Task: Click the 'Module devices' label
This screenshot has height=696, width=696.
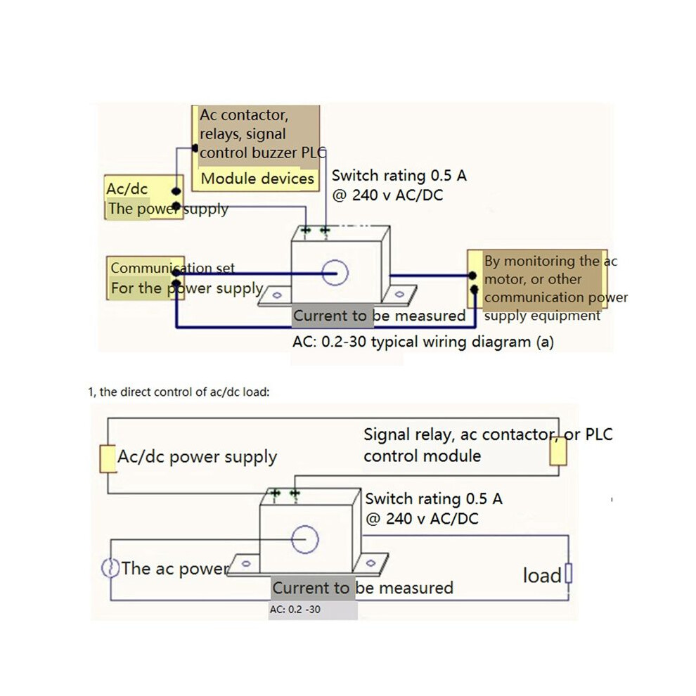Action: (257, 179)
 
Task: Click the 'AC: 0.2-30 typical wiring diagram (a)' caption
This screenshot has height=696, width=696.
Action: (423, 342)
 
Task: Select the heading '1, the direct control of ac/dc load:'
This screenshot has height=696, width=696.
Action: (179, 392)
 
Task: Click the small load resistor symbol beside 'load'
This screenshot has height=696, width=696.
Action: (568, 573)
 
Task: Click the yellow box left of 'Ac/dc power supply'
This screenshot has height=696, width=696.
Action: (108, 458)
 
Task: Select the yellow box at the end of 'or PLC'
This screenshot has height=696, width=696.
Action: (558, 451)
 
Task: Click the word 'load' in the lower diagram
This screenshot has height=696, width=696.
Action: (543, 575)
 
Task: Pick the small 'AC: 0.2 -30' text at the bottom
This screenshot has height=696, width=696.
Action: (295, 610)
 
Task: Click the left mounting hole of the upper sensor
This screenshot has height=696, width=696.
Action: (277, 295)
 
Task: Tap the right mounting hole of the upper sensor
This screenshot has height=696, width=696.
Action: (399, 294)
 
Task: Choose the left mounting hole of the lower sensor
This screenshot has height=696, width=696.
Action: (246, 564)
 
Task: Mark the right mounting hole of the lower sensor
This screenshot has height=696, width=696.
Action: (370, 563)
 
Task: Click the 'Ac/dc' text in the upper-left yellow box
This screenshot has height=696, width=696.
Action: (127, 188)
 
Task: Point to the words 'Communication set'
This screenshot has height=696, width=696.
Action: (173, 268)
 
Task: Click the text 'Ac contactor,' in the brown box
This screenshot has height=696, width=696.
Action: (244, 115)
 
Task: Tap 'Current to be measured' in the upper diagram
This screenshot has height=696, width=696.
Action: (379, 316)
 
